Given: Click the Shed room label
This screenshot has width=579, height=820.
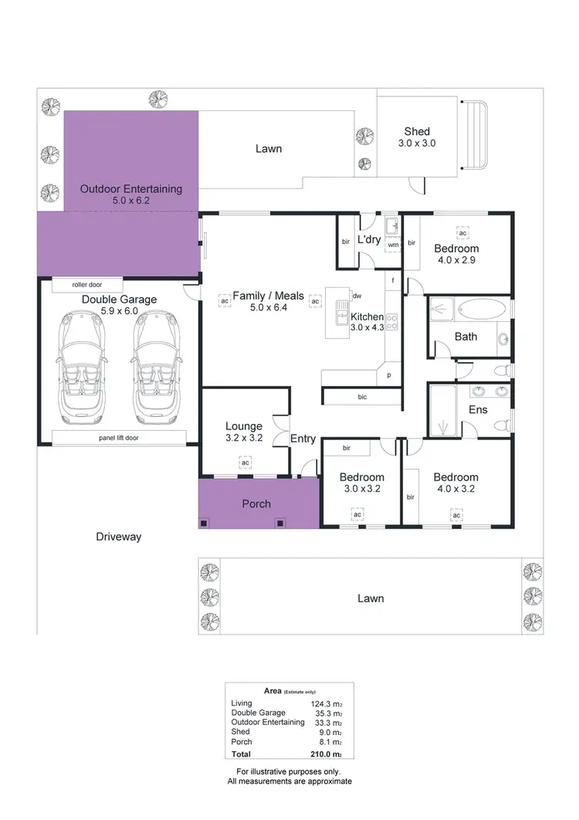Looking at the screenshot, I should point(417,131).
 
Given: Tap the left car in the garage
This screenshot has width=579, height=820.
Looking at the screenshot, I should point(81,363).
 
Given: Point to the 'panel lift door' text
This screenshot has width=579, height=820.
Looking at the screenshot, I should point(118,438).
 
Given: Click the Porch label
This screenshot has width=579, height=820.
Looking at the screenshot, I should point(256,503).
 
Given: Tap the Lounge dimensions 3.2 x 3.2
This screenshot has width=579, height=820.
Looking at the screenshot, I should point(244,438).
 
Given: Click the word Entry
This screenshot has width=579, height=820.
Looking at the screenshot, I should point(303,439).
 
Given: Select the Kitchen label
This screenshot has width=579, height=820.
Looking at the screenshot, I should point(367,317).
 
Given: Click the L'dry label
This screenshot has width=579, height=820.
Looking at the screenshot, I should point(369,240).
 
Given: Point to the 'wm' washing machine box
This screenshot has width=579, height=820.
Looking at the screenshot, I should point(393,245).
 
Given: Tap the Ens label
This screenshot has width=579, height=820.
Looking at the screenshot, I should point(478,409).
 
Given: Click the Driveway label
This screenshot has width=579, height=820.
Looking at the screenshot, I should point(119,537).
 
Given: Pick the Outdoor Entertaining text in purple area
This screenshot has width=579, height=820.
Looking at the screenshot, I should point(131,188).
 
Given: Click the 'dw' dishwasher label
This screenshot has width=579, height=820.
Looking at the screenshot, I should point(357,296).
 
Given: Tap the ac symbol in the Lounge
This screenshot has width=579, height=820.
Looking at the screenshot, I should point(245,463).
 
